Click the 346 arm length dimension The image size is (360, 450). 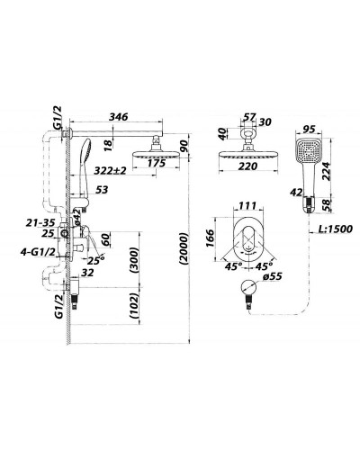[118, 116]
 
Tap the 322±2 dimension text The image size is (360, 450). [110, 170]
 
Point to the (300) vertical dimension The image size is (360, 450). [134, 260]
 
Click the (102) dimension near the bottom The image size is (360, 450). [134, 305]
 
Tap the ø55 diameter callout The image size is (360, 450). [272, 276]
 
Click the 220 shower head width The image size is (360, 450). [247, 166]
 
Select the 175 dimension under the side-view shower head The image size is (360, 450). [156, 163]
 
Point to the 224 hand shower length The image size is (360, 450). [326, 171]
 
